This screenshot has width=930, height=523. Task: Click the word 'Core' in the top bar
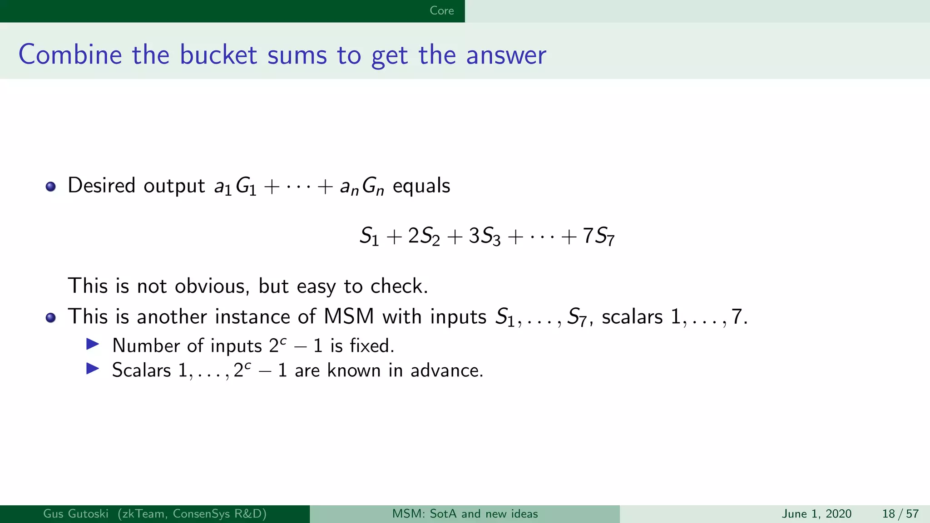tap(441, 10)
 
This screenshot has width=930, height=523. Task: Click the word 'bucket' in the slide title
tap(218, 55)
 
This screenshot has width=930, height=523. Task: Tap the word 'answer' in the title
tap(506, 55)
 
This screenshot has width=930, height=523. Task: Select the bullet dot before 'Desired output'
tap(50, 187)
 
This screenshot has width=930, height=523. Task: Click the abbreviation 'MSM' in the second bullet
tap(349, 316)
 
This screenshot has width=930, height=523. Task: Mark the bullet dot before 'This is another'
tap(50, 317)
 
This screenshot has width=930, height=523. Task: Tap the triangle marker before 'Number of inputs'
tap(93, 345)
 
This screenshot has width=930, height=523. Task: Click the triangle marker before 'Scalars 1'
tap(93, 369)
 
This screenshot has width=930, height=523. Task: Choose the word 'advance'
tap(446, 370)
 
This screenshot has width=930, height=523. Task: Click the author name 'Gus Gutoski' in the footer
tap(76, 514)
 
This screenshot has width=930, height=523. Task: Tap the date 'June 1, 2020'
tap(816, 514)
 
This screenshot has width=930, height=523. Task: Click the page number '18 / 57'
tap(900, 514)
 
